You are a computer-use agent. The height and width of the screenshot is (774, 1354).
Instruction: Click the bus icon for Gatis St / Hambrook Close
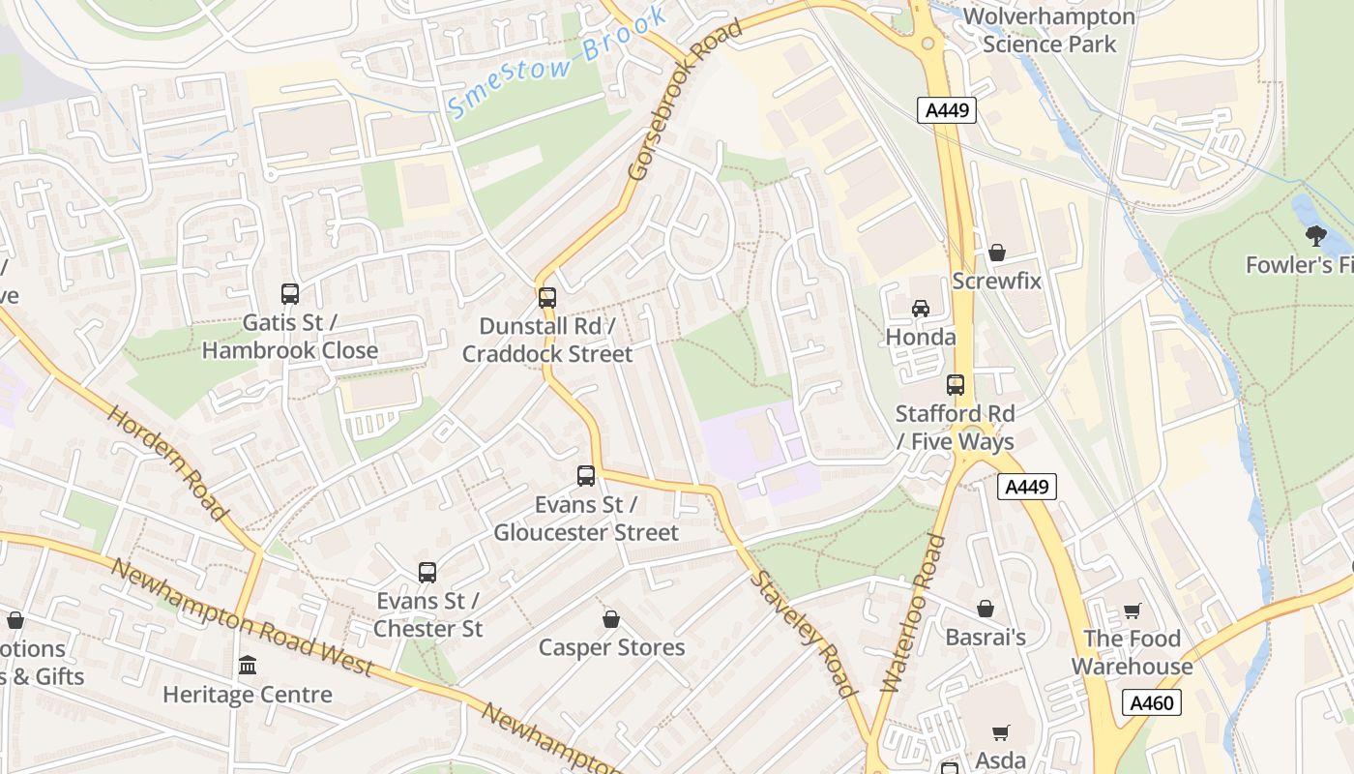(289, 294)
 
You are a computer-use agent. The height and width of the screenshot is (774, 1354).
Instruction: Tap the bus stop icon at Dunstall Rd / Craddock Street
(547, 298)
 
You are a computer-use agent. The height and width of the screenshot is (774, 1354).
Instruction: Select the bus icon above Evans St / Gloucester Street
(586, 476)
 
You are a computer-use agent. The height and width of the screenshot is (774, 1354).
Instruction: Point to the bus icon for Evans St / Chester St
(427, 573)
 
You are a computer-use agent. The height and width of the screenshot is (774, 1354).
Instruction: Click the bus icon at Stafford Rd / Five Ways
(956, 385)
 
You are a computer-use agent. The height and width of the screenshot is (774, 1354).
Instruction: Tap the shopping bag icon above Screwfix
(997, 253)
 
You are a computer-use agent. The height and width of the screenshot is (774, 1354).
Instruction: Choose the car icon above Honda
(921, 309)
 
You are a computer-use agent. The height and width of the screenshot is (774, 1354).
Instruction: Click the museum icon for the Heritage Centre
(248, 666)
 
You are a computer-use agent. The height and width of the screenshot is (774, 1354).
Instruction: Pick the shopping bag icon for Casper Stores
(611, 619)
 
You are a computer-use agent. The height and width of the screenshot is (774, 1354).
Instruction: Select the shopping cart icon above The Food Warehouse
(1132, 610)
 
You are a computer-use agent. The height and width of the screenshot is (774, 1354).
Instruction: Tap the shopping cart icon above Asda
(1000, 733)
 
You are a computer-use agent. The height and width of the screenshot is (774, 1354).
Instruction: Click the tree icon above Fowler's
(1315, 235)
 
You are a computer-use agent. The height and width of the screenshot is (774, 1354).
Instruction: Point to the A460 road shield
(1152, 701)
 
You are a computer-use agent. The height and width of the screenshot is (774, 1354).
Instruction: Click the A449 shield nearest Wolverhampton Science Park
(947, 110)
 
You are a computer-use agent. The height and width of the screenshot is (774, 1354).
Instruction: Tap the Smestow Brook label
(558, 63)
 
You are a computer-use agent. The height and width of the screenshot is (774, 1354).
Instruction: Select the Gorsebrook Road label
(685, 99)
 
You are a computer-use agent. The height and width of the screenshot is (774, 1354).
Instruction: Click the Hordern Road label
(166, 462)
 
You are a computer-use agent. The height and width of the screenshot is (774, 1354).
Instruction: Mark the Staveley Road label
(805, 634)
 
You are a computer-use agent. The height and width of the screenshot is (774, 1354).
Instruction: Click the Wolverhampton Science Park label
(1048, 31)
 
